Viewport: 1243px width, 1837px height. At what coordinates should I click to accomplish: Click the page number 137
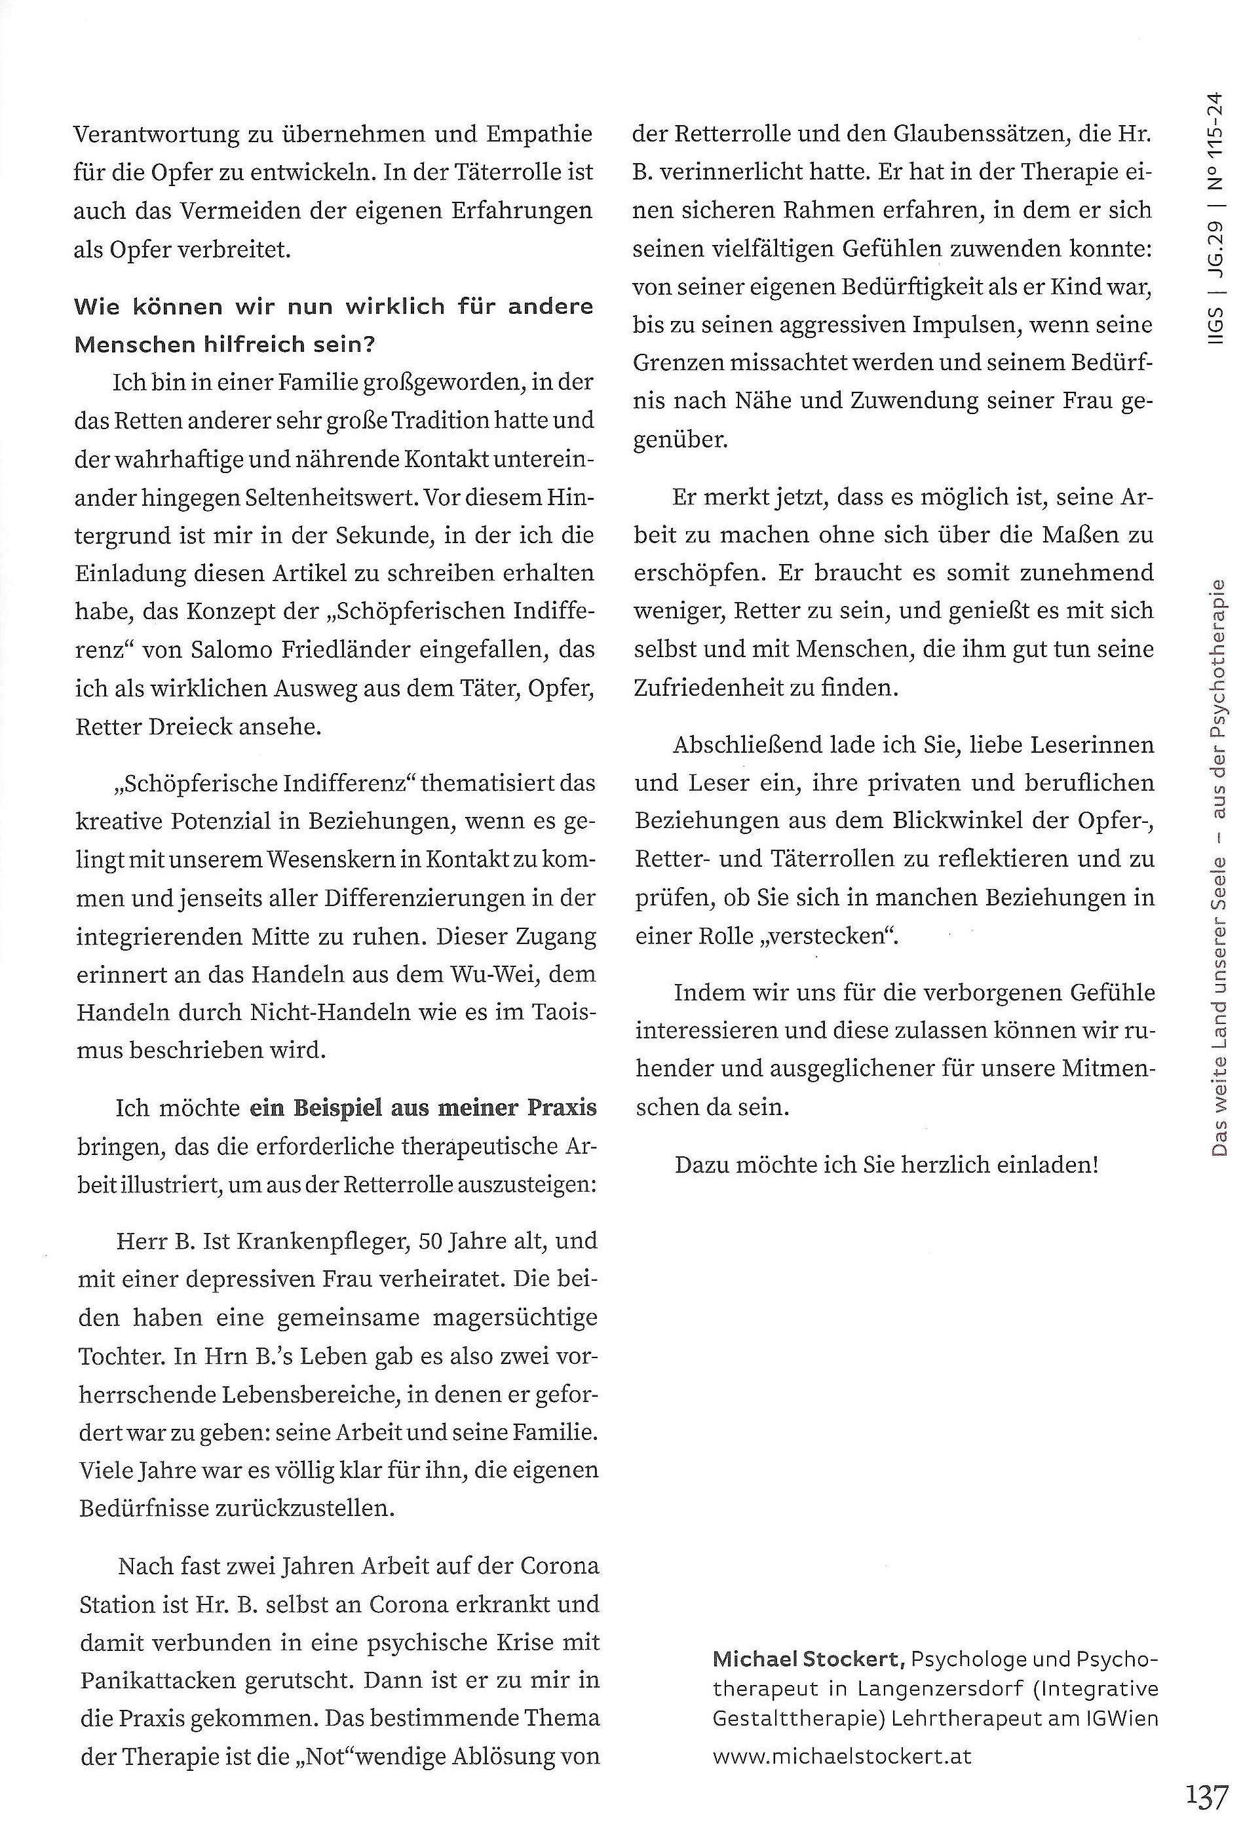[x=1206, y=1796]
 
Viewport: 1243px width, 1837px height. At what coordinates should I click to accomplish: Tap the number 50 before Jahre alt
[x=432, y=1241]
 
